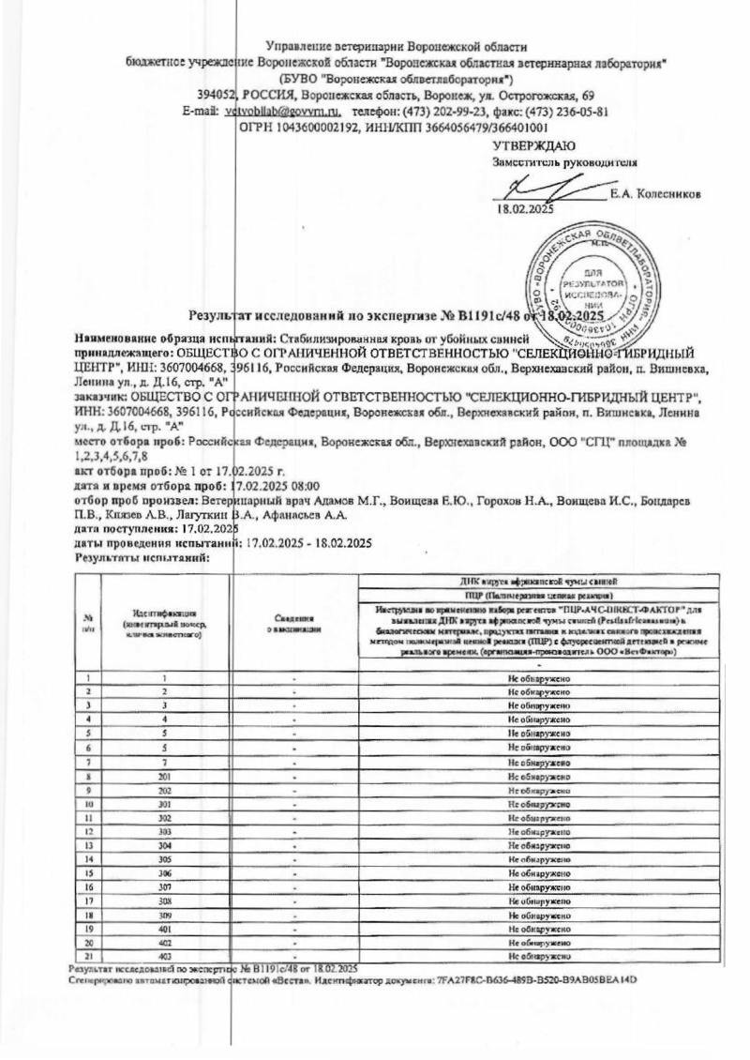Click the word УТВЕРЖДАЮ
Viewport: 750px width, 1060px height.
(x=534, y=145)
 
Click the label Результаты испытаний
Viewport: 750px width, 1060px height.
(x=140, y=557)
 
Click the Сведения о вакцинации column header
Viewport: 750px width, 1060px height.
(x=293, y=624)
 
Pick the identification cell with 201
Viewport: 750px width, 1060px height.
(x=164, y=778)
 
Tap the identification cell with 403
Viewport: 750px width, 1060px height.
(x=164, y=955)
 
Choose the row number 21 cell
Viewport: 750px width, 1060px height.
(x=87, y=955)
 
